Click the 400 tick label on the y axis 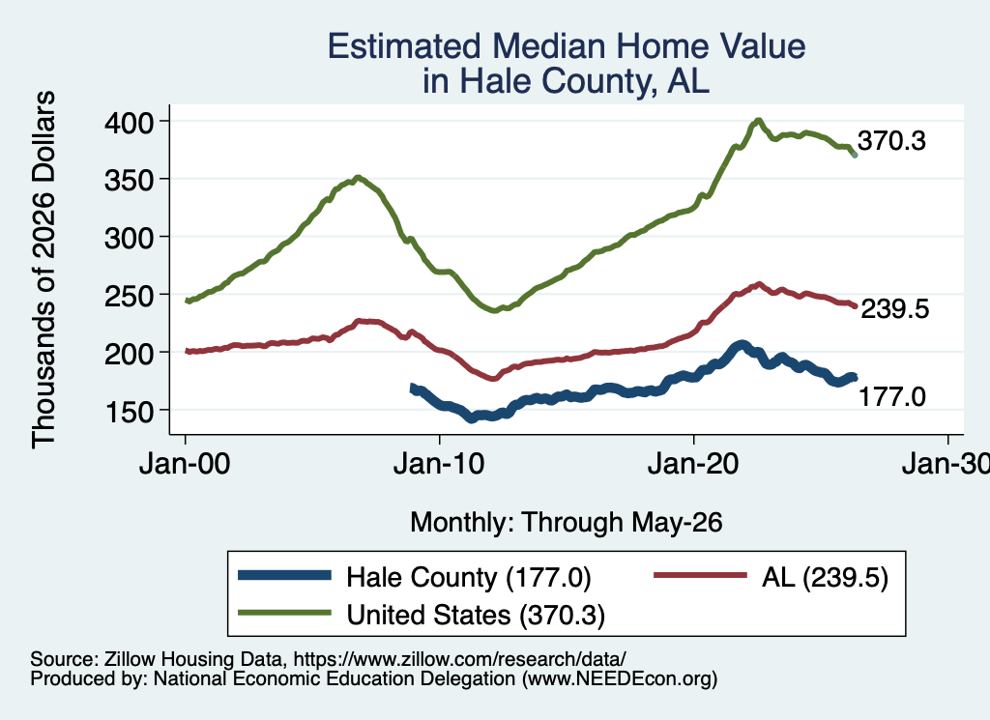tap(129, 123)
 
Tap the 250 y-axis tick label tap(129, 296)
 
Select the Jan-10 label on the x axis tap(439, 465)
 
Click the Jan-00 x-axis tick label tap(185, 465)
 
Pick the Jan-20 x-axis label tap(693, 465)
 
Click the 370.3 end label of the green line tap(891, 141)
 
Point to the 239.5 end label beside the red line tap(894, 309)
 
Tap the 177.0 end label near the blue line tap(892, 397)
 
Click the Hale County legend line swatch tap(284, 575)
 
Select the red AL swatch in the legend tap(700, 575)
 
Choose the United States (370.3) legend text tap(476, 615)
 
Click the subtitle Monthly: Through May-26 tap(567, 523)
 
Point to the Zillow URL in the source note tap(459, 659)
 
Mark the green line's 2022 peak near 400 tap(758, 120)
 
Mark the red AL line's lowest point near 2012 tap(493, 379)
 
